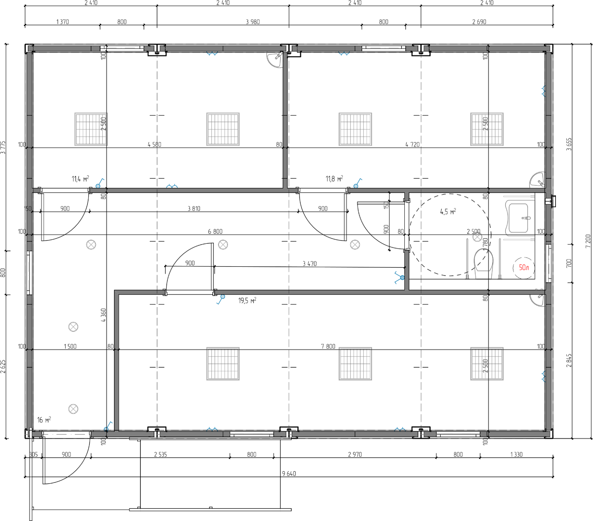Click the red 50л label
(x=524, y=268)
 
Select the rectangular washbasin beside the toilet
(x=519, y=218)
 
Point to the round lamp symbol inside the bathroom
(x=477, y=237)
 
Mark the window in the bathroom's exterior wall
(x=549, y=263)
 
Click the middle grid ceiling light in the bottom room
(x=355, y=364)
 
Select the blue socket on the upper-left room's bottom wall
(x=172, y=186)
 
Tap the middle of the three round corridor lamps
(x=223, y=245)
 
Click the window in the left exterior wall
(x=29, y=273)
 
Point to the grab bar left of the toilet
(x=467, y=259)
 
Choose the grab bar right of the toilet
(x=500, y=259)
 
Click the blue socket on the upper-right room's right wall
(x=544, y=91)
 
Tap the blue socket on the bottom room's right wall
(x=544, y=376)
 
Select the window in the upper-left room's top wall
(x=125, y=49)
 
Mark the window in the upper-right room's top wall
(x=384, y=49)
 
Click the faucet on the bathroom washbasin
(x=526, y=218)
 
